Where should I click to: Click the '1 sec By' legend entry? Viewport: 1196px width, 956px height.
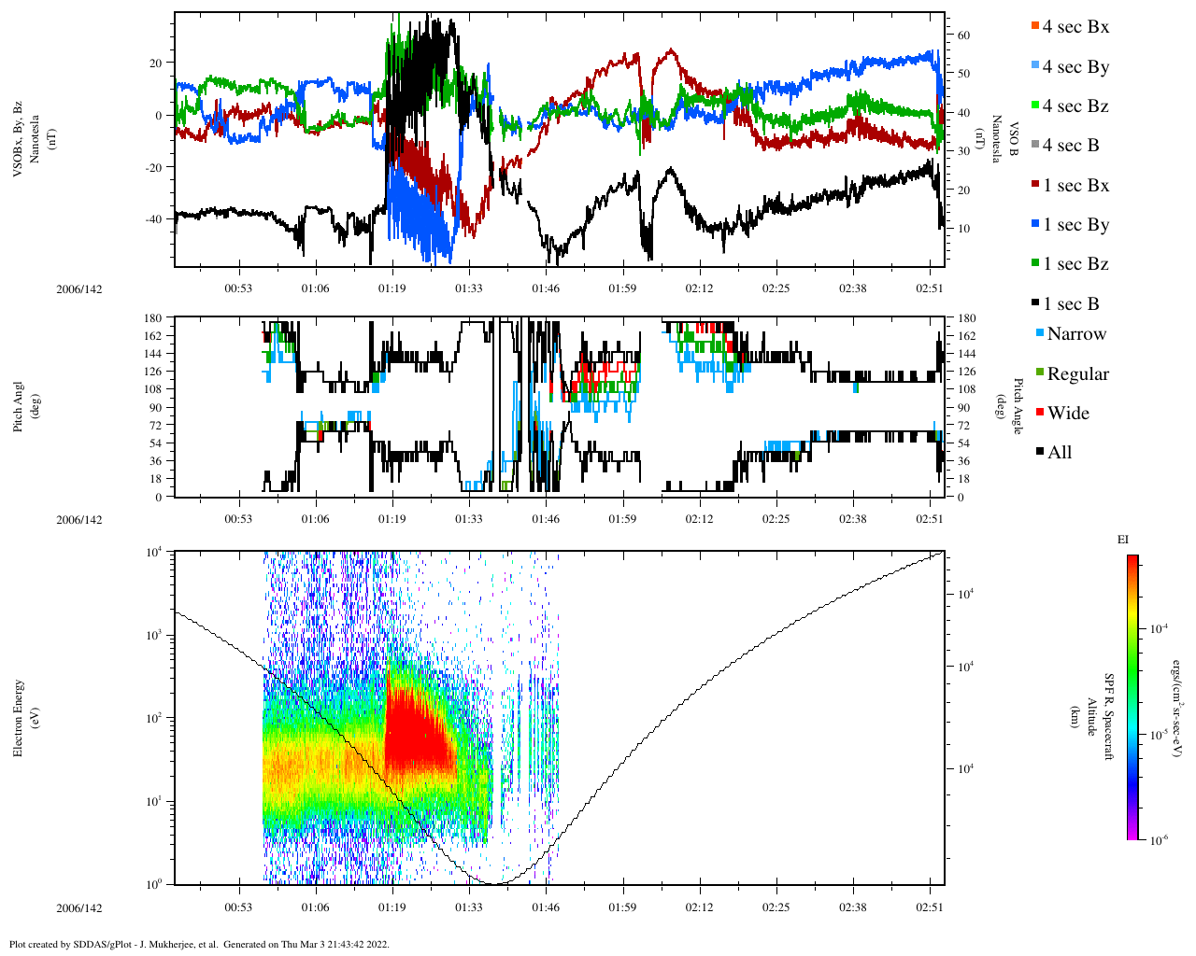pos(1075,225)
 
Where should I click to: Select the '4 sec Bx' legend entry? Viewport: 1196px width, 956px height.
pos(1075,27)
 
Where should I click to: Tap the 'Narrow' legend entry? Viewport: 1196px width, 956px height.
pos(1075,334)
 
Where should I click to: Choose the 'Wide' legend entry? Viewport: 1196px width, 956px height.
pos(1067,414)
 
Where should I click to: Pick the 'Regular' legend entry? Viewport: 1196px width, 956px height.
pos(1076,374)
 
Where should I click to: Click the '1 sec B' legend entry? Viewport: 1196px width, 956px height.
pos(1070,304)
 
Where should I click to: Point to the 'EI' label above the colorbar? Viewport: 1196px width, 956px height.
pos(1123,540)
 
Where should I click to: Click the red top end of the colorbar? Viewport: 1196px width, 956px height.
pos(1132,559)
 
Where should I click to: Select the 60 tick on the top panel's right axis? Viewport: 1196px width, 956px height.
pos(963,35)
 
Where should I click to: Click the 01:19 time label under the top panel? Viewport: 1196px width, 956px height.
pos(392,289)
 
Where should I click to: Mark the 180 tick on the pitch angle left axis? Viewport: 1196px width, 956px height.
pos(153,318)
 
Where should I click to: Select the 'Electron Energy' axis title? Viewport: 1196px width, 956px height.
pos(19,717)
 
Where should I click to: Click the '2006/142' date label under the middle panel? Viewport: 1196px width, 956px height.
pos(78,520)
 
